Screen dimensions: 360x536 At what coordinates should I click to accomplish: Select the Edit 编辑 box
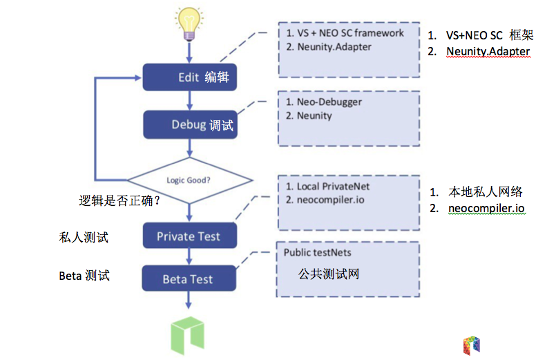point(190,77)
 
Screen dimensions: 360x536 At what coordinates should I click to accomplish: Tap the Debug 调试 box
point(190,125)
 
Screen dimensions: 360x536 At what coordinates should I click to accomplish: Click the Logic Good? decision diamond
point(189,180)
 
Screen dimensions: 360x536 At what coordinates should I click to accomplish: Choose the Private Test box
point(189,236)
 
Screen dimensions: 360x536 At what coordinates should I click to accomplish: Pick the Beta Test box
point(189,279)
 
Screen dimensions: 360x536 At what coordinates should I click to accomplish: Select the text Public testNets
point(317,253)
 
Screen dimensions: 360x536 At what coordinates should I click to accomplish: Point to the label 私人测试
point(84,237)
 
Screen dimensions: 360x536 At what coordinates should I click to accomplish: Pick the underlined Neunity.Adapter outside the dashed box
point(488,51)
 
